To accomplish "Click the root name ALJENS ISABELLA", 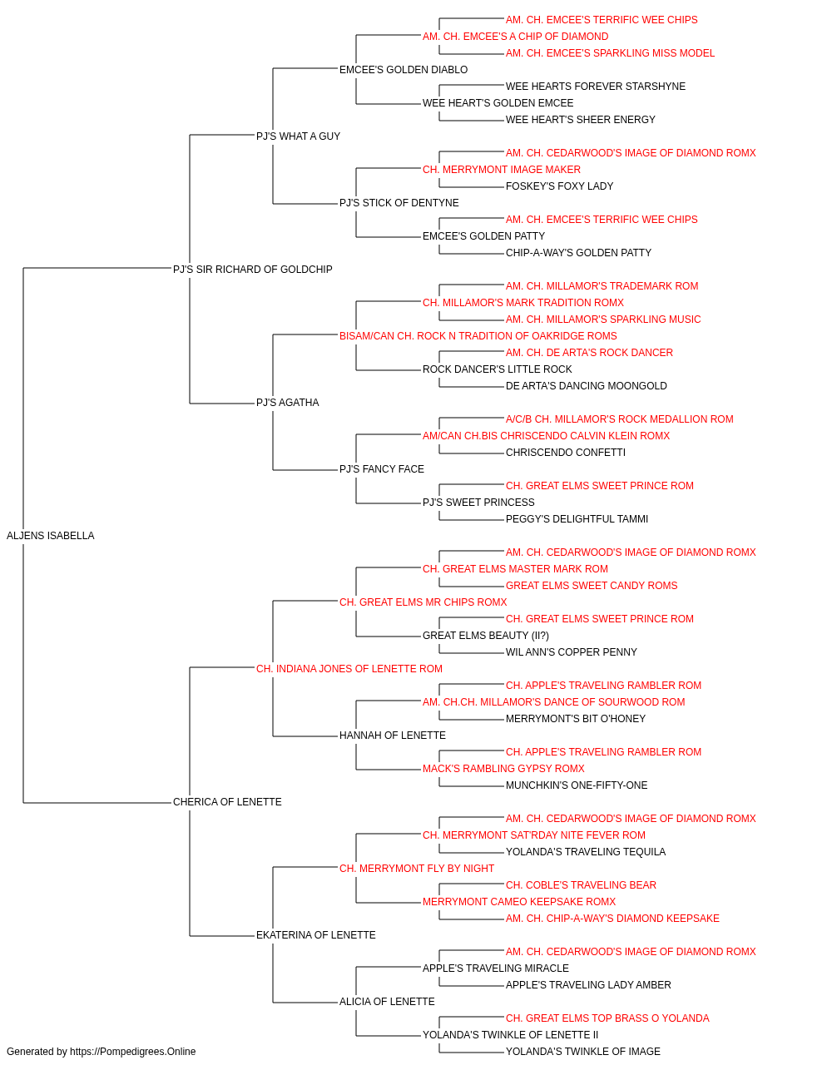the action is (x=51, y=536).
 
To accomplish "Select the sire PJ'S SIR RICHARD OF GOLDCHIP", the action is (x=252, y=270).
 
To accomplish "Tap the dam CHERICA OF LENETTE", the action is (x=227, y=802).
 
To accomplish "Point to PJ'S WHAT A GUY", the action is (x=298, y=136).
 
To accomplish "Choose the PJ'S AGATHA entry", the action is (x=288, y=403).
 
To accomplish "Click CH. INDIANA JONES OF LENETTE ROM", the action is (x=349, y=668).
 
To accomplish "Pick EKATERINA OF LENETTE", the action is (x=316, y=935).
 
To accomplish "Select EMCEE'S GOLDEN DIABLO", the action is (x=404, y=70).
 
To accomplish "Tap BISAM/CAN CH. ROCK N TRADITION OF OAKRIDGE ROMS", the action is (x=478, y=335).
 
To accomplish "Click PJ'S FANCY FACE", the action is (x=382, y=469).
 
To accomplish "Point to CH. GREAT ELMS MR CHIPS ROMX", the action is (x=423, y=602).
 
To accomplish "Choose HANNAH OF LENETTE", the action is (x=393, y=736).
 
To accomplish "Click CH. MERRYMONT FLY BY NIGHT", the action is (x=417, y=869).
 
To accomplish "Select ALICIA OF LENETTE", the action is (x=387, y=1002).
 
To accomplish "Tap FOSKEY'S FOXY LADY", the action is (x=560, y=186).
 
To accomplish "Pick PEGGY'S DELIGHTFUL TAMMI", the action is (x=577, y=519).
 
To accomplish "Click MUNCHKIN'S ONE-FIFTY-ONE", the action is (x=577, y=785).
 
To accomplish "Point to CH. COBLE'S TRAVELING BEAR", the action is (x=581, y=885).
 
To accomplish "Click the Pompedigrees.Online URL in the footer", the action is (x=133, y=1052).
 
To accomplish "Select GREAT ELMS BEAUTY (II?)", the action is (x=486, y=636).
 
